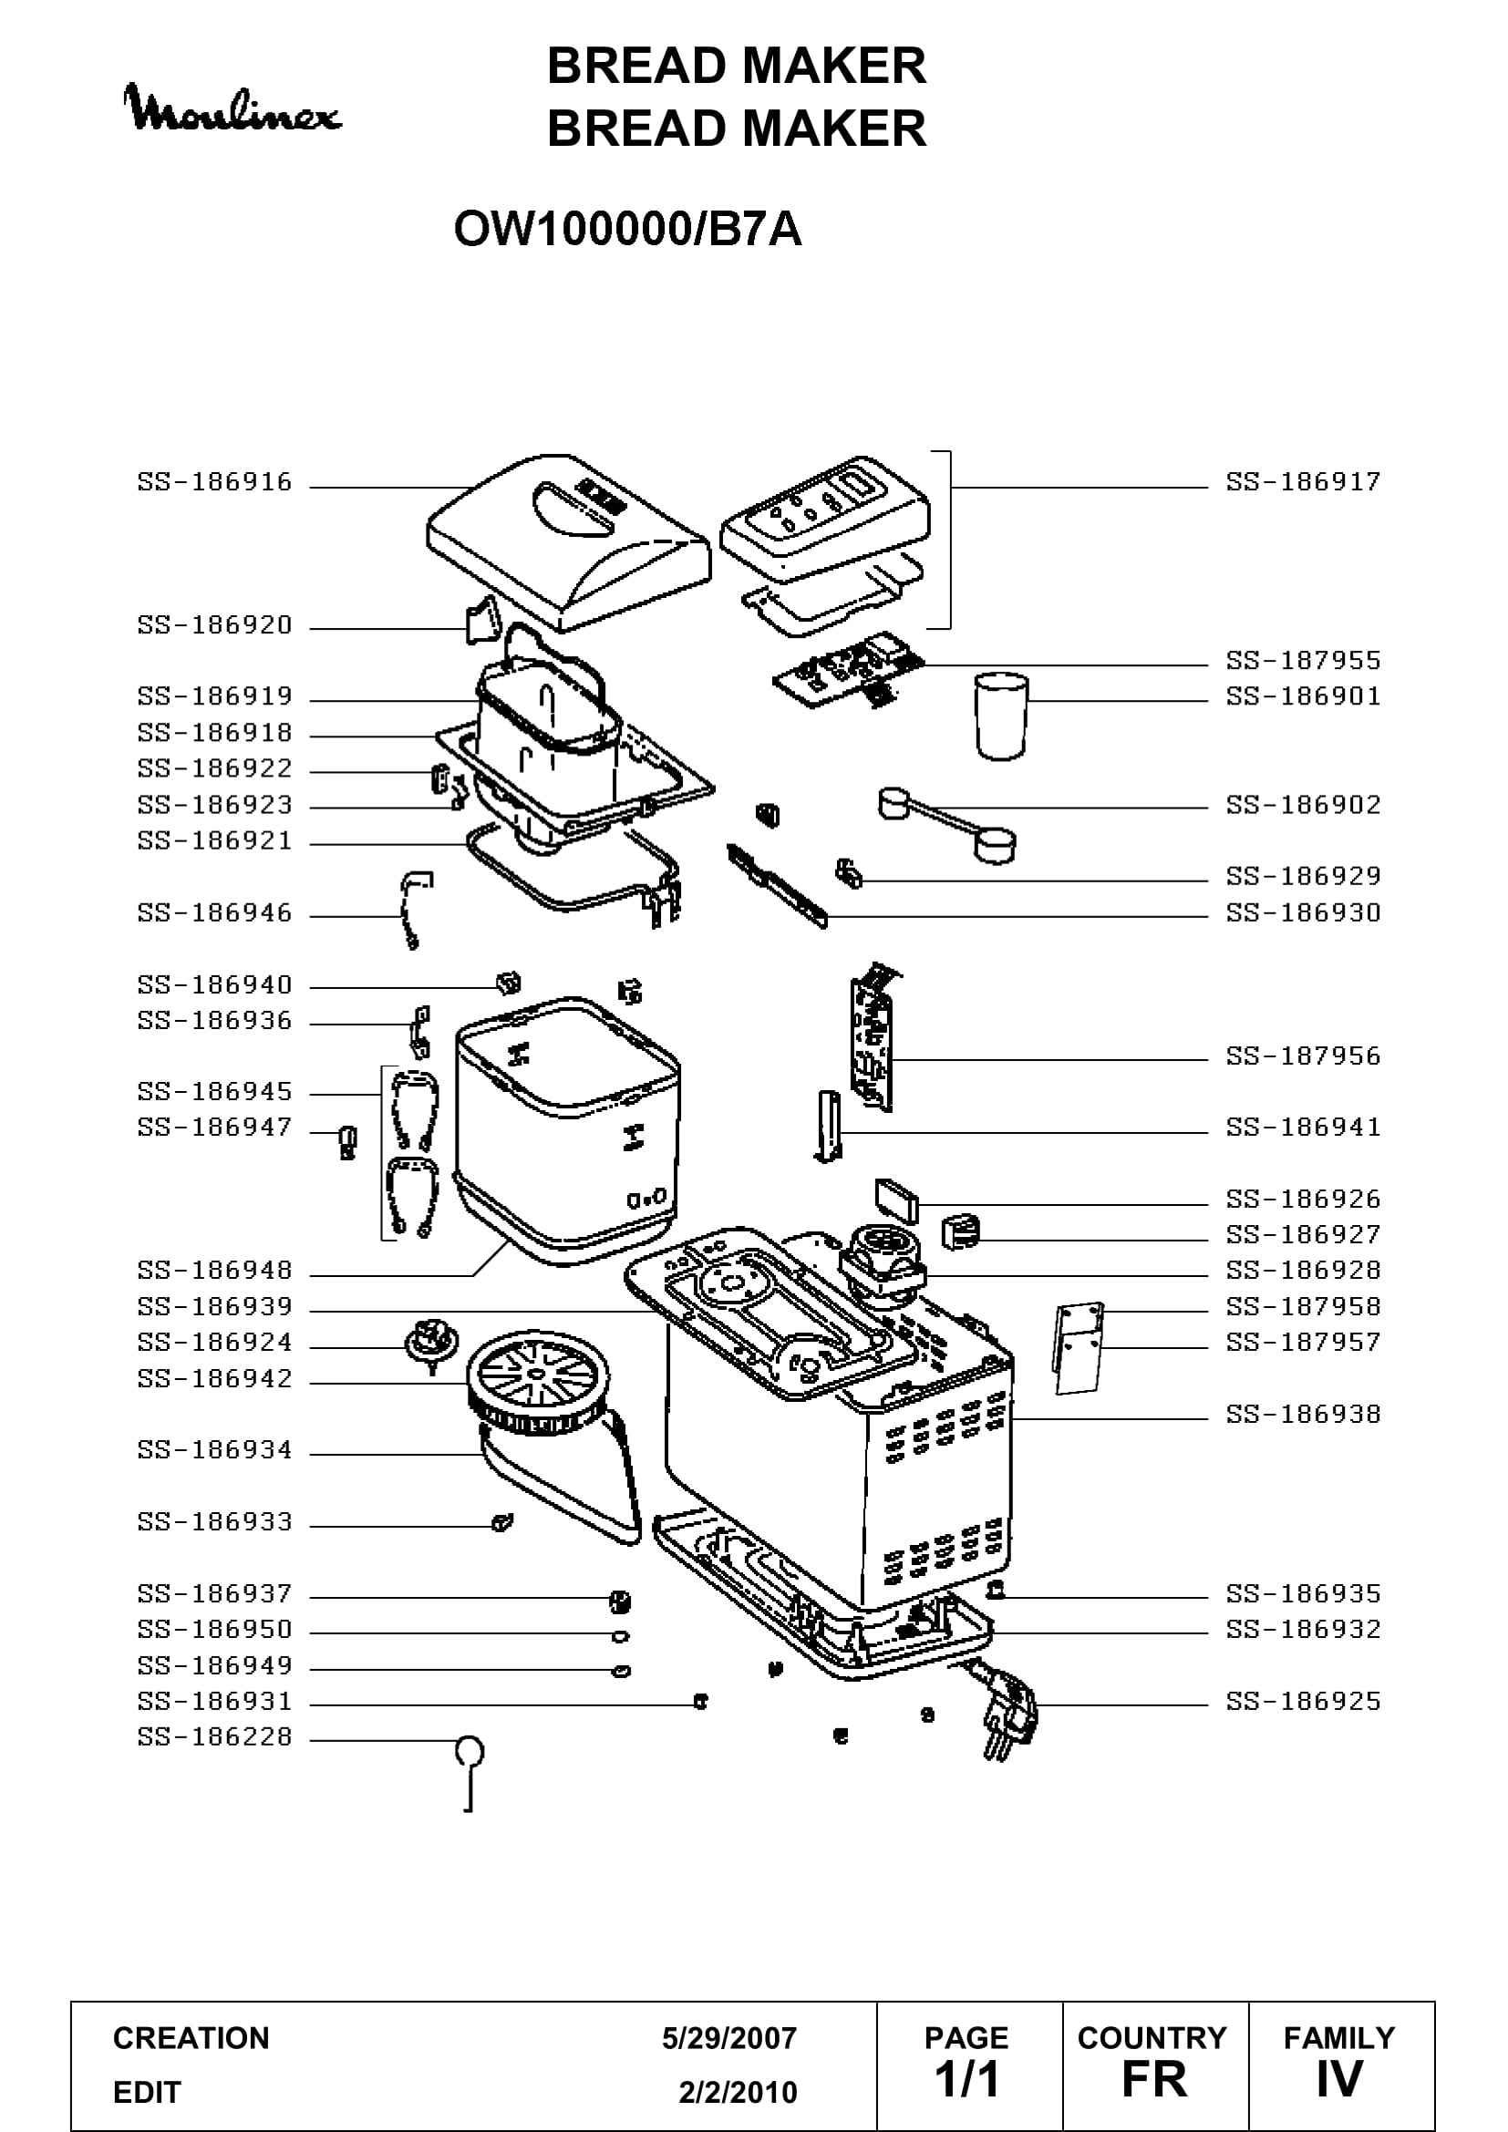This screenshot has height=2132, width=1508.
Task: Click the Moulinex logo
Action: coord(232,108)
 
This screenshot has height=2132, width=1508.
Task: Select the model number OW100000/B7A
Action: coord(627,230)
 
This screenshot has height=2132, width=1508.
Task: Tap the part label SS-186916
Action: coord(215,482)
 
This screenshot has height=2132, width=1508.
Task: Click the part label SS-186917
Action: coord(1304,482)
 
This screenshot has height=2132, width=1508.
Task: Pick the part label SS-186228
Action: coord(215,1737)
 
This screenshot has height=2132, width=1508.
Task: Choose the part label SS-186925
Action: coord(1304,1702)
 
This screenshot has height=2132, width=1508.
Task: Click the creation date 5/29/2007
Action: coord(729,2038)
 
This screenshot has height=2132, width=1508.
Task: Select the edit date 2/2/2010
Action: coord(739,2092)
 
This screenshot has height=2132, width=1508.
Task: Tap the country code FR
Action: coord(1154,2080)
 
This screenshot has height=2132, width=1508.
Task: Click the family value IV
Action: coord(1339,2080)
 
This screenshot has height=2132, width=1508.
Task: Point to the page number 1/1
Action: coord(966,2080)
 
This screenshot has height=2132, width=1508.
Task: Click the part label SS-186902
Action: coord(1304,805)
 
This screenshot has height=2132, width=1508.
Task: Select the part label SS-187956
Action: coord(1304,1056)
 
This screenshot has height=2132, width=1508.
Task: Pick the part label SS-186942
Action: coord(215,1379)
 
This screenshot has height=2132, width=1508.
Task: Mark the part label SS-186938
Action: coord(1304,1415)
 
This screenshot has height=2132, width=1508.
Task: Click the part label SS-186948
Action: coord(215,1271)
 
